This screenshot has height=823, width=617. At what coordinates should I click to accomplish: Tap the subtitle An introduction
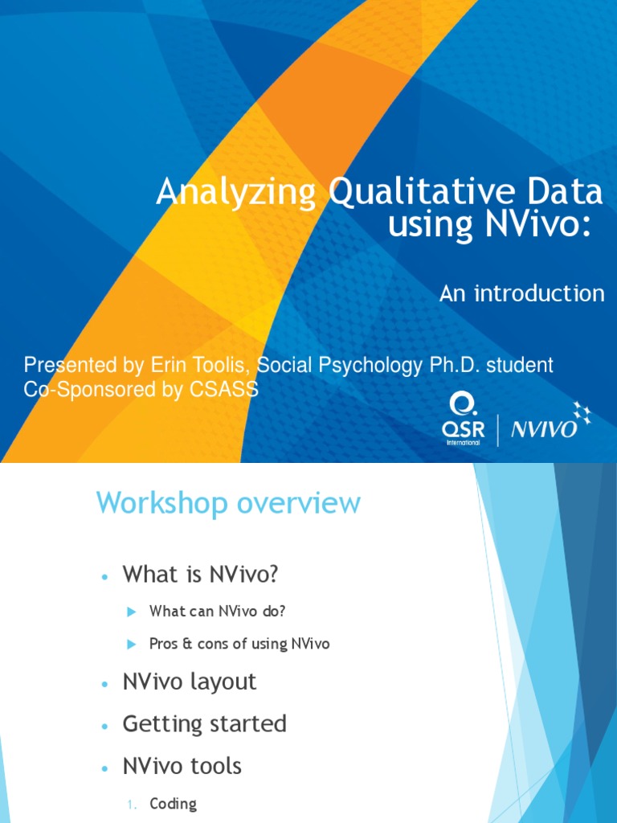click(521, 293)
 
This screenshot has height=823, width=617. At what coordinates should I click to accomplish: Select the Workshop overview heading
click(228, 504)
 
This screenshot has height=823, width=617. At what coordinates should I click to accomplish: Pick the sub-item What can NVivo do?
click(218, 612)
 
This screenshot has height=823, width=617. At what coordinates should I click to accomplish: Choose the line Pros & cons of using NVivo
click(239, 644)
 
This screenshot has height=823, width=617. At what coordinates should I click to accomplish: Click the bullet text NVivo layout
click(190, 682)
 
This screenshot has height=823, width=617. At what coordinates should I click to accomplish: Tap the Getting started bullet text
click(204, 724)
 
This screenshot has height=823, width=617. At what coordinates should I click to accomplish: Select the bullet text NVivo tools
click(182, 766)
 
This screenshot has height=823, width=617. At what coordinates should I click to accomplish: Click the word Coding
click(173, 804)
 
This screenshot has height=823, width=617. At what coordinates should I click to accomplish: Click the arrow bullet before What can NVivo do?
click(133, 612)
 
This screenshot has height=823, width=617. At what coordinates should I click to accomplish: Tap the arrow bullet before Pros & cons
click(133, 645)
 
